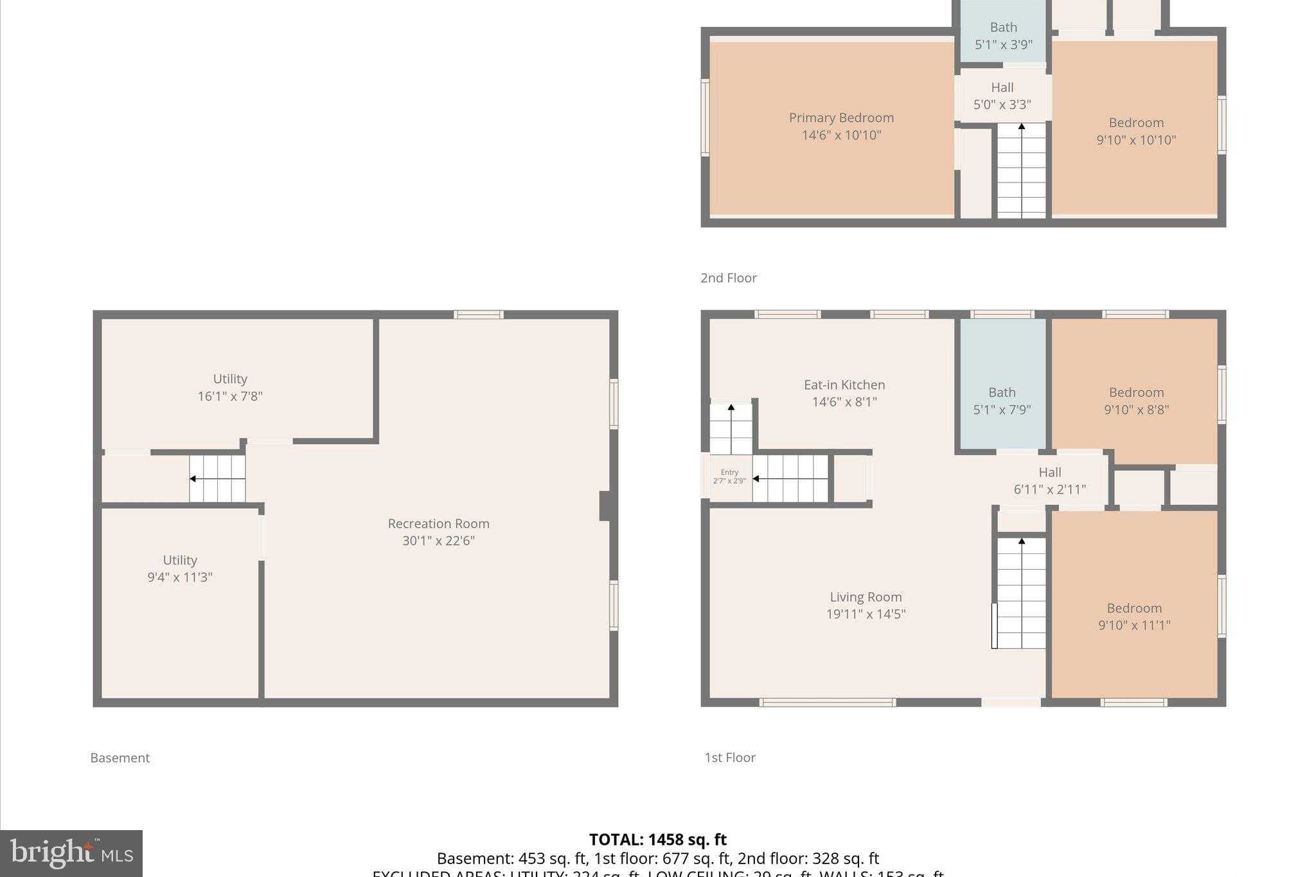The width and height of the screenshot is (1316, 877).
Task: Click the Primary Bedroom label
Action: point(841,118)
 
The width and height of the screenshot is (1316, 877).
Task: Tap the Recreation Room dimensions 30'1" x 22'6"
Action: point(438,541)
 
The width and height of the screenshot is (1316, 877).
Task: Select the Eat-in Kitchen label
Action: point(844,385)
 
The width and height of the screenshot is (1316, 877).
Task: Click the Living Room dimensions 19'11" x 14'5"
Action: point(866,614)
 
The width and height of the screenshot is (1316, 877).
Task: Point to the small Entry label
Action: point(729,473)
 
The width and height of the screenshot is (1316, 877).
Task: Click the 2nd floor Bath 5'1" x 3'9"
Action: point(1003,36)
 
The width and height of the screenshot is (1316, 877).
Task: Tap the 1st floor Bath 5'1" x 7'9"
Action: point(1002,401)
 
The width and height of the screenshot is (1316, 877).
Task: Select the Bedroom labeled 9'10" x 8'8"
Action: point(1136,401)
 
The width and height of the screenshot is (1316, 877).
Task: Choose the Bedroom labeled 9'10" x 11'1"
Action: point(1134,617)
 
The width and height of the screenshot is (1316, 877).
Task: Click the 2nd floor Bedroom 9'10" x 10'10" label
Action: point(1136,131)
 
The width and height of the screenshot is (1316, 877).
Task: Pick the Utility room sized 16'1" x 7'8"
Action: point(230,387)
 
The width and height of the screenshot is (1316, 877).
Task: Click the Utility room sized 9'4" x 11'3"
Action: point(180,569)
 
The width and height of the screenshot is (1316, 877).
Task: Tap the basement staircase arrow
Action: point(193,479)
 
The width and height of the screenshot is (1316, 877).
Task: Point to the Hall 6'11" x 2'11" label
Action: point(1049,481)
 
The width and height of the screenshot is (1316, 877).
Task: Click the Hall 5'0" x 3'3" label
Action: point(1002,96)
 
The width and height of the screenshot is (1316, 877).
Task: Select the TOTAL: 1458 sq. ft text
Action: point(657,840)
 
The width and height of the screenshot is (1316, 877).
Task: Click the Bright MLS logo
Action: point(71,853)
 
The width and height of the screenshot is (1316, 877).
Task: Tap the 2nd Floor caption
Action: point(728,278)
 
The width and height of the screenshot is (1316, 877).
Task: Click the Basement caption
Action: point(120,758)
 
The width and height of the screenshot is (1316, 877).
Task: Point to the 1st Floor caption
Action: point(729,757)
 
